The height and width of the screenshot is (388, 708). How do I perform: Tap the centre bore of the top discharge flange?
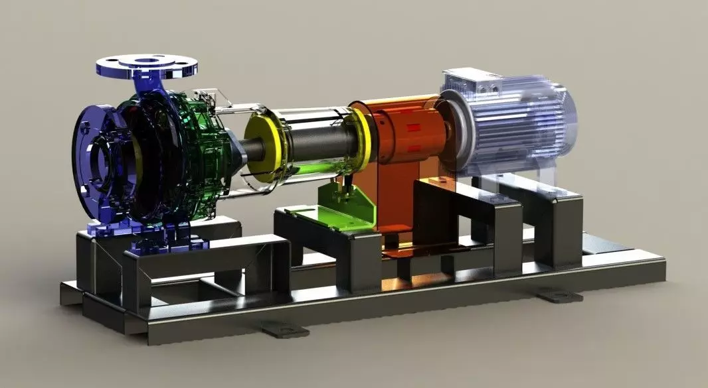(x=147, y=62)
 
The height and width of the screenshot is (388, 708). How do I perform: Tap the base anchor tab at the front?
(x=284, y=328)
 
